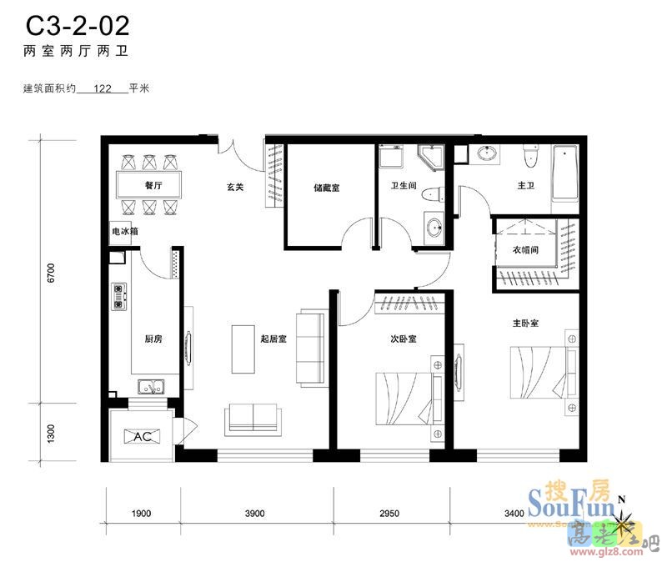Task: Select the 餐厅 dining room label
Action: tap(151, 186)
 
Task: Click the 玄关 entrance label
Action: tap(235, 188)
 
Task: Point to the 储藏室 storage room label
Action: tap(326, 188)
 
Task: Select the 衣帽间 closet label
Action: tap(524, 249)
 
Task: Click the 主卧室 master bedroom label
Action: tap(525, 322)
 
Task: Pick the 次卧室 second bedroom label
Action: tap(404, 339)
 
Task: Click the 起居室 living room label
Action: tap(273, 339)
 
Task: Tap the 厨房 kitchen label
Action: tap(153, 339)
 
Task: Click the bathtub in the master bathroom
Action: tap(565, 173)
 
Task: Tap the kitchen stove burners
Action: tap(118, 296)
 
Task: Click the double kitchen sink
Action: tap(152, 387)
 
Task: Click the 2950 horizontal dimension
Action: tap(389, 513)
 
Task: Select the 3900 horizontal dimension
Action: tap(254, 513)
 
